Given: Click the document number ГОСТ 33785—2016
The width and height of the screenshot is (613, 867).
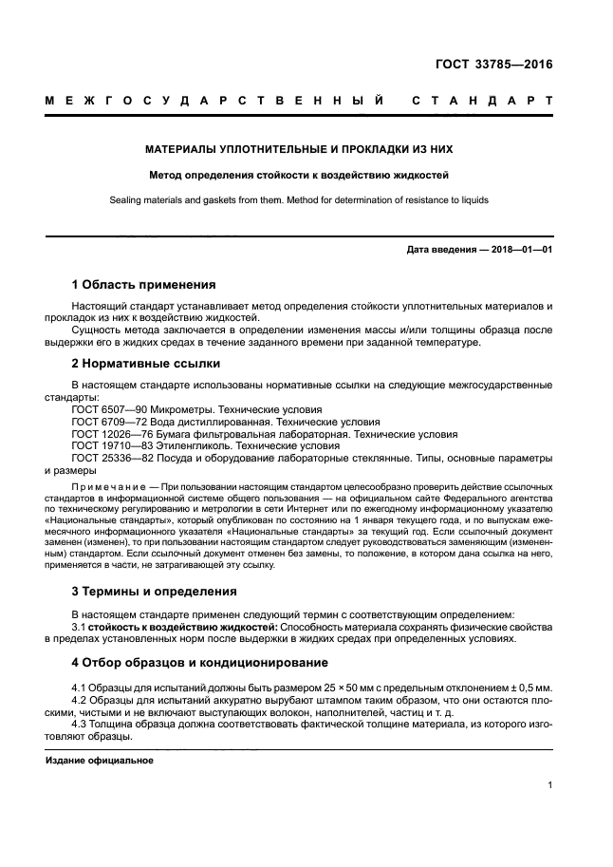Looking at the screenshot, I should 492,66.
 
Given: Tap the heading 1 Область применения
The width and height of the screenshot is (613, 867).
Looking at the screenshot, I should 144,284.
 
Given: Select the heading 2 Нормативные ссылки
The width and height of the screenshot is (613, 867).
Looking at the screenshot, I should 146,363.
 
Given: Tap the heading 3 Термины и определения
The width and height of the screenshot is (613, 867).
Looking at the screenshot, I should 155,591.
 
